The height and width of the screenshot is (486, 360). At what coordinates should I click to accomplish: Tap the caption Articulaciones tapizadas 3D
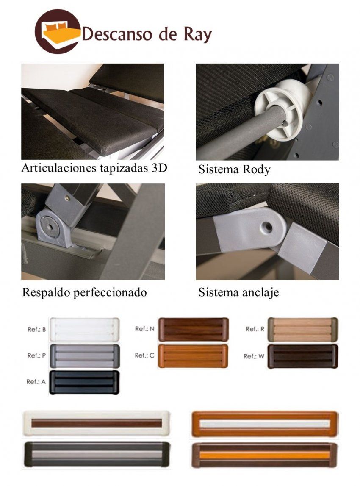click(94, 168)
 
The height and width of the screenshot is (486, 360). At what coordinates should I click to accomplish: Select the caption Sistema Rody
click(234, 170)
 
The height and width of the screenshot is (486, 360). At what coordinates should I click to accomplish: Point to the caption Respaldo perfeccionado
click(84, 292)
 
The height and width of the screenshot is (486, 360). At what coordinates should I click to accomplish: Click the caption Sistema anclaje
click(238, 292)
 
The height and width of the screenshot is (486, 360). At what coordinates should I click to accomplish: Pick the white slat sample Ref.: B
click(84, 330)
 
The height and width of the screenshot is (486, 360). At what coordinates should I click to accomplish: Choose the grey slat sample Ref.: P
click(84, 356)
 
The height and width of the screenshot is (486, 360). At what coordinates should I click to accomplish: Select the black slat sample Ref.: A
click(84, 382)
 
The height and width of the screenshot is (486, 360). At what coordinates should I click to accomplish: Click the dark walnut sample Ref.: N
click(193, 329)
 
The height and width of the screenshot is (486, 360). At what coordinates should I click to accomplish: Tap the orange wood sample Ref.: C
click(193, 355)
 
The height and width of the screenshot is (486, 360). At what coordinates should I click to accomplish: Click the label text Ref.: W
click(254, 356)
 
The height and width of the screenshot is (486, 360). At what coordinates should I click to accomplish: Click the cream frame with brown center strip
click(97, 423)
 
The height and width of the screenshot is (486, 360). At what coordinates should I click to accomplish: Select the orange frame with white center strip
click(265, 423)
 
